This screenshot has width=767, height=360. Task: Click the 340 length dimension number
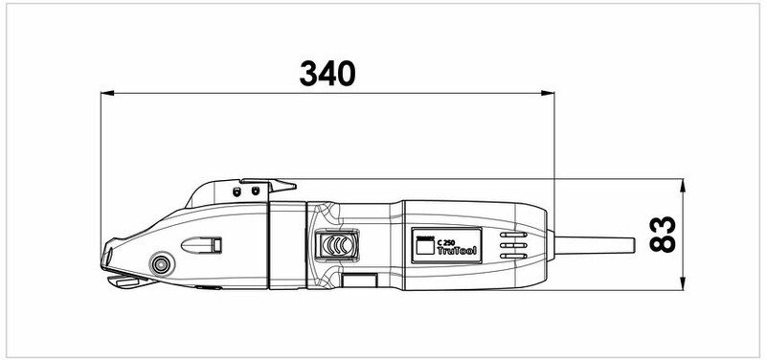(327, 74)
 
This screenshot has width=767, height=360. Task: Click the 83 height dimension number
(663, 235)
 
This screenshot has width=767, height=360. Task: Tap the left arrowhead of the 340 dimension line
(107, 93)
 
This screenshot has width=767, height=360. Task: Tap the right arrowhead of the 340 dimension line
(548, 93)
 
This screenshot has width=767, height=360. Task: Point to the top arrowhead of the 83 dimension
(683, 186)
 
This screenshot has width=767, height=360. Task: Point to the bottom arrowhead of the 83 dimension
(683, 283)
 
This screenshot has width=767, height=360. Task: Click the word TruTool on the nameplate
(457, 251)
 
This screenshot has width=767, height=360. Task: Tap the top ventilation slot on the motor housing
(513, 235)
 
